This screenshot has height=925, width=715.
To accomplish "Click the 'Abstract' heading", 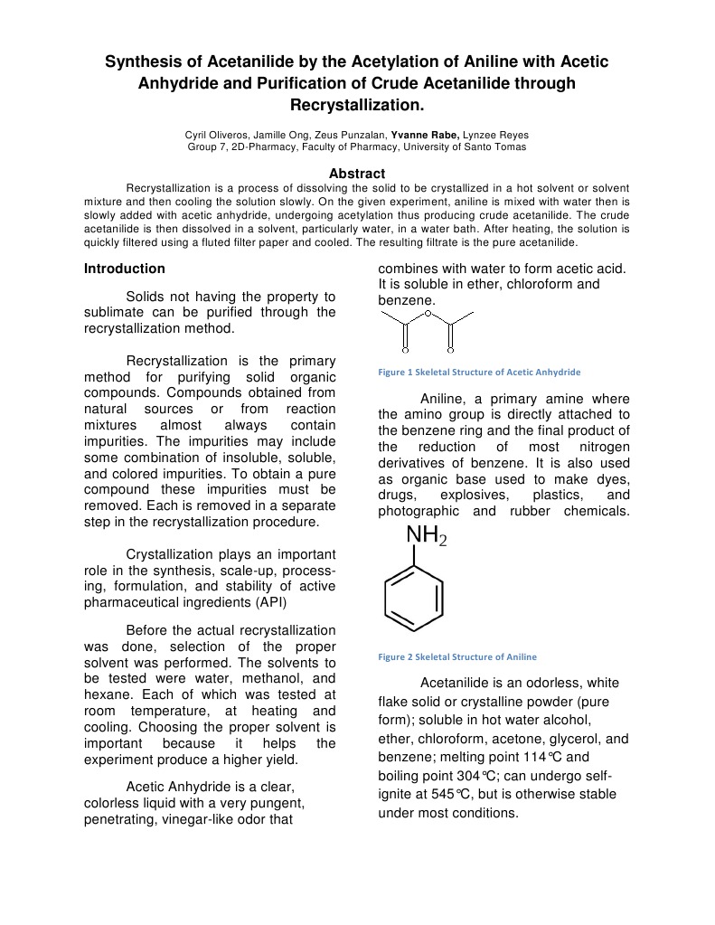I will click(x=357, y=173).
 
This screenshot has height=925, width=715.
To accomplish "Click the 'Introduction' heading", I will click(x=125, y=269).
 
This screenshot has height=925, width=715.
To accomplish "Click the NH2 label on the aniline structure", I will click(x=426, y=537).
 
